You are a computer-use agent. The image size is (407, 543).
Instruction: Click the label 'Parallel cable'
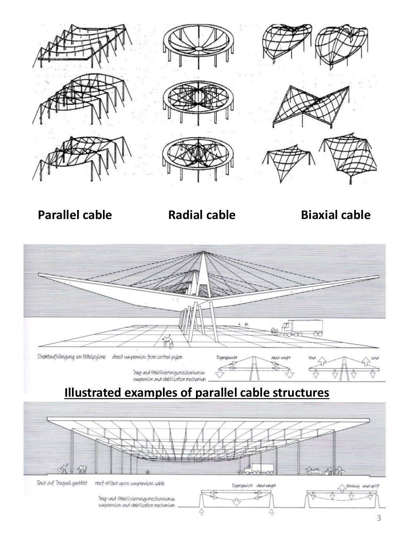75,215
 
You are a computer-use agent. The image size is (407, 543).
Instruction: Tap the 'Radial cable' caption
202,215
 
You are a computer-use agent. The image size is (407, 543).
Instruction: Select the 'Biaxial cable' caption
335,215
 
